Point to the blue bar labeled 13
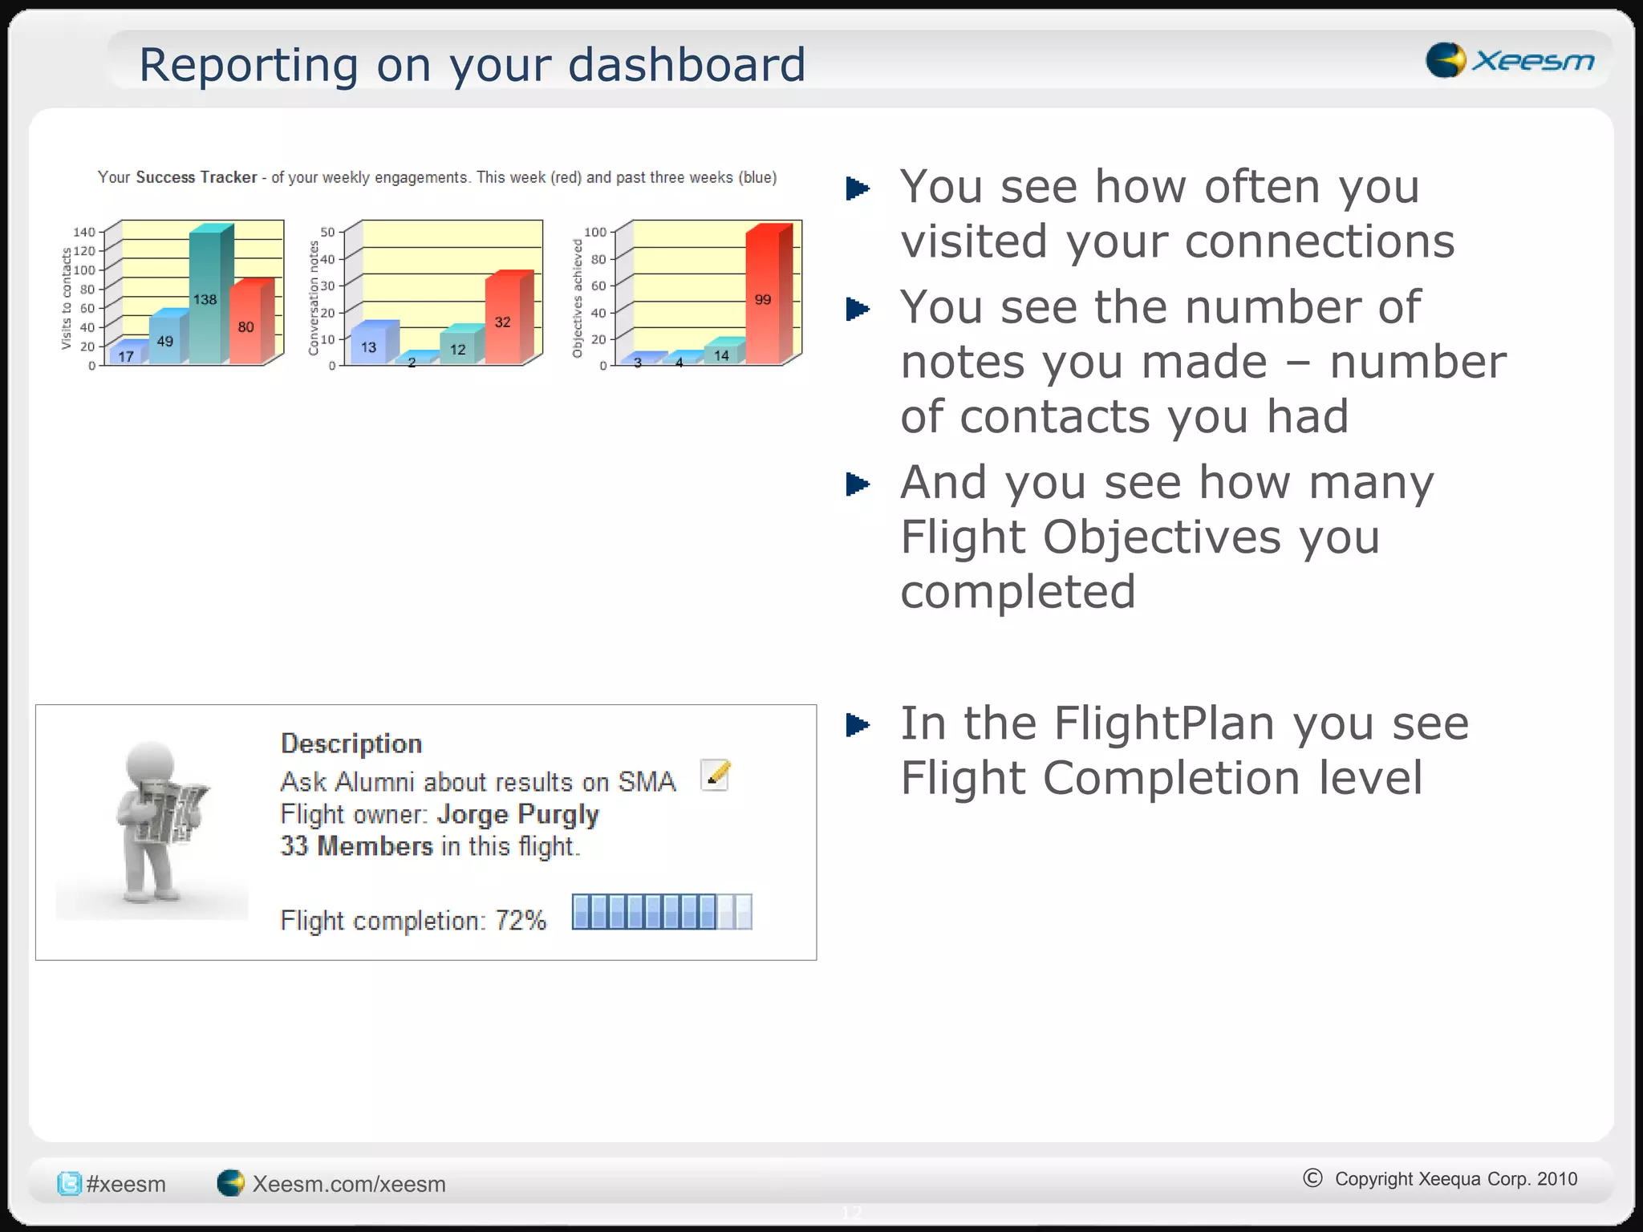369,346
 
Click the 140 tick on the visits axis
84,232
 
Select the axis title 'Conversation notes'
314,298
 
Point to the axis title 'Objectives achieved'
577,298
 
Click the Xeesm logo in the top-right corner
1509,60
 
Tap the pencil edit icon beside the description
715,775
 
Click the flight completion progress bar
662,912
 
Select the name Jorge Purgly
518,814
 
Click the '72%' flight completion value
521,920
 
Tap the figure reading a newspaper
156,822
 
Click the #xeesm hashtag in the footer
125,1184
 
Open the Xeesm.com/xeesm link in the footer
348,1184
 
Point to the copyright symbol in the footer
1312,1177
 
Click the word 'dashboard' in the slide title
687,65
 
